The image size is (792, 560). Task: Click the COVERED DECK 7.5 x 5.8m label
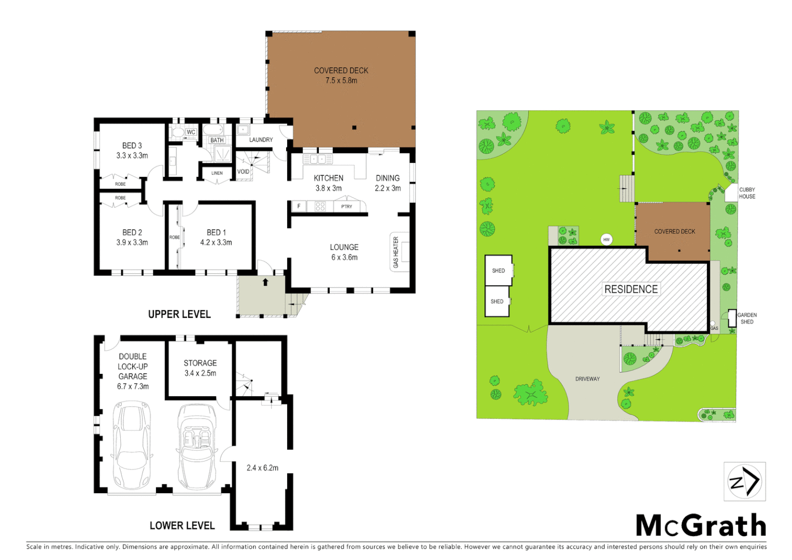coord(341,75)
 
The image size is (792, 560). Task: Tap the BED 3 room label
coord(132,146)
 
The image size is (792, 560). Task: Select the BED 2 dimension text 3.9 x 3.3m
coord(132,242)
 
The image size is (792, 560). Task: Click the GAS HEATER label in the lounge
coord(396,252)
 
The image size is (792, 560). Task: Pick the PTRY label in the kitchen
coord(347,206)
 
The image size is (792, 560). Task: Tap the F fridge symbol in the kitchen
coord(299,206)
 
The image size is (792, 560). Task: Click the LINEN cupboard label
coord(217,173)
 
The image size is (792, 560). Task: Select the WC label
coord(191,132)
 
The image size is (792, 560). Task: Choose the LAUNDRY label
coord(261,139)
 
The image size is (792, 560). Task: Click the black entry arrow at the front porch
coord(265,282)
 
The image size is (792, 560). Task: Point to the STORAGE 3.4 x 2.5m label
coord(200,368)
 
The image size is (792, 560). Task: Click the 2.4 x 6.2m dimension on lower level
coord(262,468)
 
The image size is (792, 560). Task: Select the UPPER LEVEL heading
coord(179,314)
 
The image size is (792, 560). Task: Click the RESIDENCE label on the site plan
coord(631,289)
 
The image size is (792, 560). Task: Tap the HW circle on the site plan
coord(606,240)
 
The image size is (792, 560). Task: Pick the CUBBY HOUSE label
coord(747,193)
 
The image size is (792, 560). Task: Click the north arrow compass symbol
coord(744,482)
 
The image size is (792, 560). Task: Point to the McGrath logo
coord(701,526)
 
